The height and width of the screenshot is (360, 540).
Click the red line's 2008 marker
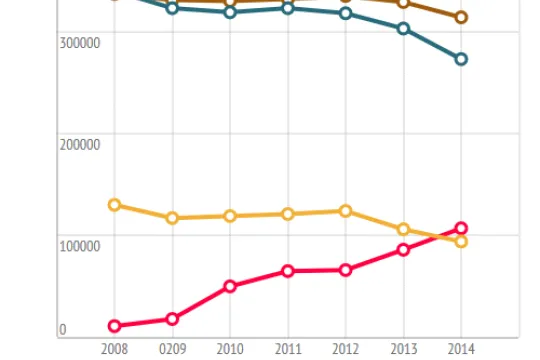(x=114, y=326)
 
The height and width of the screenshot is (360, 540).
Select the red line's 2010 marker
(x=230, y=286)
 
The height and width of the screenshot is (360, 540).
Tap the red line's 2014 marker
(x=461, y=228)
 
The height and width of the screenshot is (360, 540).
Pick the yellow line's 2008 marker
(x=114, y=205)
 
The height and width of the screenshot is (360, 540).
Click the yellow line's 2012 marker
(x=345, y=211)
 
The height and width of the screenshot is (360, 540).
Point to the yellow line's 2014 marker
(x=461, y=242)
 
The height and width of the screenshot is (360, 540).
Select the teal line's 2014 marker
(x=461, y=59)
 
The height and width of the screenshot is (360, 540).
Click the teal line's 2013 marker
(x=403, y=29)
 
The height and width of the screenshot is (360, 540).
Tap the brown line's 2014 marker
(x=461, y=17)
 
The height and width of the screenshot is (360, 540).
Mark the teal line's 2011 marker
(x=288, y=8)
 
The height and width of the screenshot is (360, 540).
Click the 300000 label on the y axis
(x=80, y=43)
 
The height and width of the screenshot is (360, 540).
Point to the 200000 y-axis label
(x=80, y=145)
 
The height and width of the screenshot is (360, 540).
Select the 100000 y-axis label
(x=80, y=246)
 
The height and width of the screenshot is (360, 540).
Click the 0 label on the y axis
(x=63, y=330)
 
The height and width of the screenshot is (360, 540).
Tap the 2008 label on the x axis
(x=114, y=349)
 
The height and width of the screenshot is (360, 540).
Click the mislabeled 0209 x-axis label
(x=173, y=349)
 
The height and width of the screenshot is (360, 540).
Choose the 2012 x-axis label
(x=345, y=349)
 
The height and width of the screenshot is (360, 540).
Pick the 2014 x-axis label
(x=461, y=349)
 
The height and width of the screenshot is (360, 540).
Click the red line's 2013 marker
(x=403, y=250)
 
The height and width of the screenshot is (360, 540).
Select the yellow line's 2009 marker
(x=172, y=218)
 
